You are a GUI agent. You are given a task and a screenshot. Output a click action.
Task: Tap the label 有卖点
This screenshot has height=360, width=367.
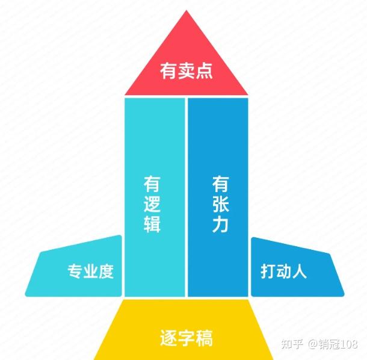point(187,72)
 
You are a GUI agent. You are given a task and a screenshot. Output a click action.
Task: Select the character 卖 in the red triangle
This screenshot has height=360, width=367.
point(187,72)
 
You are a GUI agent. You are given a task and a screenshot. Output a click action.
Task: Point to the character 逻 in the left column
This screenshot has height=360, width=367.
point(152,204)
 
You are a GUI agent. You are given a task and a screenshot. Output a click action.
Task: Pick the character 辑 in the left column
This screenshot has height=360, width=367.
point(152,225)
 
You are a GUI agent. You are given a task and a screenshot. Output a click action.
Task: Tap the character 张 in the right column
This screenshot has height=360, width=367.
point(220,204)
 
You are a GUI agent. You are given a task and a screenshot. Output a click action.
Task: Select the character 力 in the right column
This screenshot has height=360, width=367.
point(220,225)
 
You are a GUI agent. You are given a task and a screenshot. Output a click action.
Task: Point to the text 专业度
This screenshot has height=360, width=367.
point(90,272)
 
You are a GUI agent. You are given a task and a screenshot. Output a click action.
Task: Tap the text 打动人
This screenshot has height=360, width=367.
point(284,272)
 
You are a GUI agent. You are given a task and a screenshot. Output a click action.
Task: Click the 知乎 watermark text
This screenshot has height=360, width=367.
point(292,344)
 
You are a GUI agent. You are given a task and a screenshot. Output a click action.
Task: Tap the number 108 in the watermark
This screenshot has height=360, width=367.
point(348,344)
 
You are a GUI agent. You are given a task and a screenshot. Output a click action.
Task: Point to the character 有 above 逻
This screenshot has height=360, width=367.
point(152,183)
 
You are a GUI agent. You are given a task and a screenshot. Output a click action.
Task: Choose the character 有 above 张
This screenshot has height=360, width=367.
point(220,183)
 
